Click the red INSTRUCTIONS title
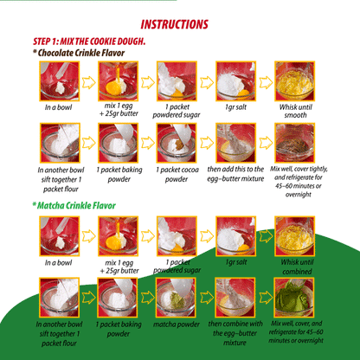pyautogui.click(x=174, y=24)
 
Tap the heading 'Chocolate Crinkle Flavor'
pyautogui.click(x=79, y=53)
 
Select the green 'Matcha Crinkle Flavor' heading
pyautogui.click(x=74, y=205)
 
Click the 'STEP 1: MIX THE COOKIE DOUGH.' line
pyautogui.click(x=89, y=42)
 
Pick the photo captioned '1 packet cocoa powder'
pyautogui.click(x=177, y=143)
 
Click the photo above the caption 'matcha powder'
pyautogui.click(x=176, y=298)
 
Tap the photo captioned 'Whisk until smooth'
pyautogui.click(x=294, y=81)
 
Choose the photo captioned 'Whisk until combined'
pyautogui.click(x=294, y=236)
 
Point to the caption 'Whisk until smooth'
pyautogui.click(x=296, y=111)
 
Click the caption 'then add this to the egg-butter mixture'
pyautogui.click(x=235, y=174)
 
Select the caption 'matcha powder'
pyautogui.click(x=177, y=325)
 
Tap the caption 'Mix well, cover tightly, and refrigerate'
pyautogui.click(x=299, y=182)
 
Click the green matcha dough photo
pyautogui.click(x=294, y=298)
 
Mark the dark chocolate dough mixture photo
pyautogui.click(x=294, y=143)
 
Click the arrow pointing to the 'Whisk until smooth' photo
pyautogui.click(x=266, y=82)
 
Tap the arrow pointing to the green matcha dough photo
pyautogui.click(x=266, y=298)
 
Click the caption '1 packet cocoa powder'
pyautogui.click(x=177, y=174)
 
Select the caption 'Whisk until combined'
pyautogui.click(x=297, y=267)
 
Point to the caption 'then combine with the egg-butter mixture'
pyautogui.click(x=235, y=333)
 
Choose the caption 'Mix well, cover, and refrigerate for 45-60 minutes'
pyautogui.click(x=296, y=332)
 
